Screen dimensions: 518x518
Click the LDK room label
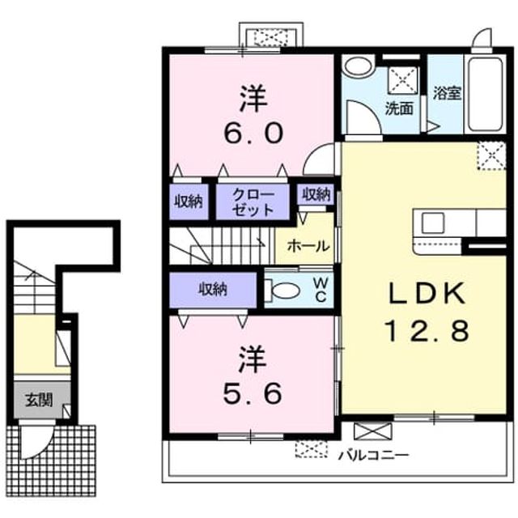point(427,293)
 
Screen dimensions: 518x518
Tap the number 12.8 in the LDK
point(427,331)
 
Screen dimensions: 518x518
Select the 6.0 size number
point(253,133)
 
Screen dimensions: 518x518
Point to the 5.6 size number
point(253,393)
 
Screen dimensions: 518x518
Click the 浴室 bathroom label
point(447,93)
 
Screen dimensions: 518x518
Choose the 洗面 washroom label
point(399,108)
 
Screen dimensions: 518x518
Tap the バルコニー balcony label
point(374,456)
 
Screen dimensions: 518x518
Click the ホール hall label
point(308,246)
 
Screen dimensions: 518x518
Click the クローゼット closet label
point(253,202)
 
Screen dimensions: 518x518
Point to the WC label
point(321,290)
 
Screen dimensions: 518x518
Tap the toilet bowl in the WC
point(283,291)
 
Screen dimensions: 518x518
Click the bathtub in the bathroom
point(485,95)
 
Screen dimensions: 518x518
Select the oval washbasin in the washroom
point(358,66)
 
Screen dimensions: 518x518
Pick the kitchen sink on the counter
point(433,223)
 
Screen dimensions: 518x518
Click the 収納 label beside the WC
point(213,289)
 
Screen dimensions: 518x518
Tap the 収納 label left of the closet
point(189,202)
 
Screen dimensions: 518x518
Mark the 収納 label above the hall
point(316,194)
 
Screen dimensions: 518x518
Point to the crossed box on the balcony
point(372,431)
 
